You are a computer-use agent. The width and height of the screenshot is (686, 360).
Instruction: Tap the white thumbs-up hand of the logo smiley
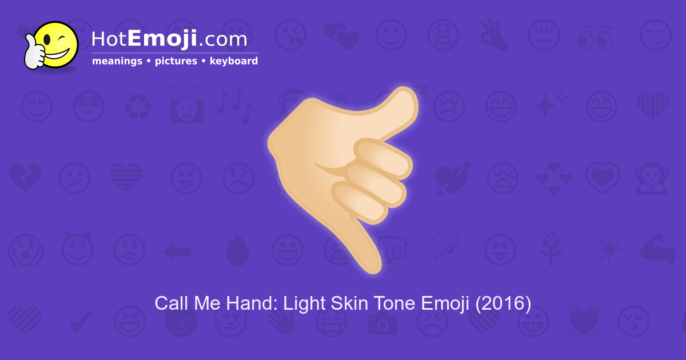point(35,54)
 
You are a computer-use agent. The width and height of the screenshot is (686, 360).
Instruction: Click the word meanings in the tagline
point(117,61)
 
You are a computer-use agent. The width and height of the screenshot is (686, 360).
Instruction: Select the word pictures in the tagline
point(176,61)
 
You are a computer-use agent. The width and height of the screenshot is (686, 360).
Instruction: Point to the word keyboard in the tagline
point(234,61)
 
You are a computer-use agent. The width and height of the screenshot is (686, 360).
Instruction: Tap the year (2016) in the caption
point(503,303)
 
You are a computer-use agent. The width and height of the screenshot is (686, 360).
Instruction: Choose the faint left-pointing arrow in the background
point(177,250)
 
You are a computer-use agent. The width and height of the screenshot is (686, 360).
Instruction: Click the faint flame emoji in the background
point(238,250)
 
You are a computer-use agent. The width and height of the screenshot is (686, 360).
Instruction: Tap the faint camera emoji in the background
point(382,323)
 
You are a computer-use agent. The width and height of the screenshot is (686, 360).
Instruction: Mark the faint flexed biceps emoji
point(660,249)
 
